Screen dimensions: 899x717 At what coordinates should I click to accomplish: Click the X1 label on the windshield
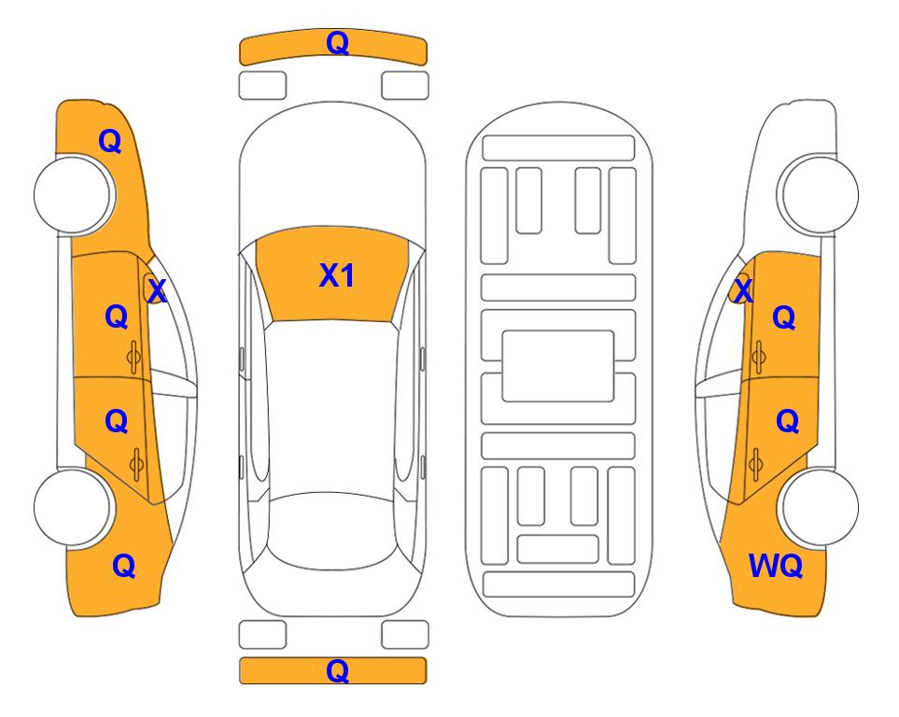(337, 275)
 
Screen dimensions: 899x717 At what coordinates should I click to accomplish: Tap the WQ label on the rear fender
(775, 566)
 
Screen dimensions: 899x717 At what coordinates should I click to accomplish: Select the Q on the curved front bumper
(337, 43)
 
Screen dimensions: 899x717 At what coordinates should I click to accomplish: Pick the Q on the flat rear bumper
(337, 670)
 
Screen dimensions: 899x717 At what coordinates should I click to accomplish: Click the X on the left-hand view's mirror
(157, 290)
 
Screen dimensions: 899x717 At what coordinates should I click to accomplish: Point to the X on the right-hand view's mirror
(743, 290)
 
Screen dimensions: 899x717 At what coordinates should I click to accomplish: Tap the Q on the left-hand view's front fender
(110, 141)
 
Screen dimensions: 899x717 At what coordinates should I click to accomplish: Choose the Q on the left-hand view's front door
(117, 316)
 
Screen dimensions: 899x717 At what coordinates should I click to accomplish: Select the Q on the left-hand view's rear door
(117, 422)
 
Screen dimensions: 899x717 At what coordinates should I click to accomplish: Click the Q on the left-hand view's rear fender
(124, 566)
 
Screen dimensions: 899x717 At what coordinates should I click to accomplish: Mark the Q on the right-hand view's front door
(784, 317)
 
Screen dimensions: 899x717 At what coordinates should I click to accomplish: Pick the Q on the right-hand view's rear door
(787, 422)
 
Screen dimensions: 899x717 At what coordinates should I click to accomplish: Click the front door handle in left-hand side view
(133, 357)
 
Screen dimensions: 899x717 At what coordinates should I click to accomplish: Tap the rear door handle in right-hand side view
(755, 464)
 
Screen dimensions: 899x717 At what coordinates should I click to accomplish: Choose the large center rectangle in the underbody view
(558, 366)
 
